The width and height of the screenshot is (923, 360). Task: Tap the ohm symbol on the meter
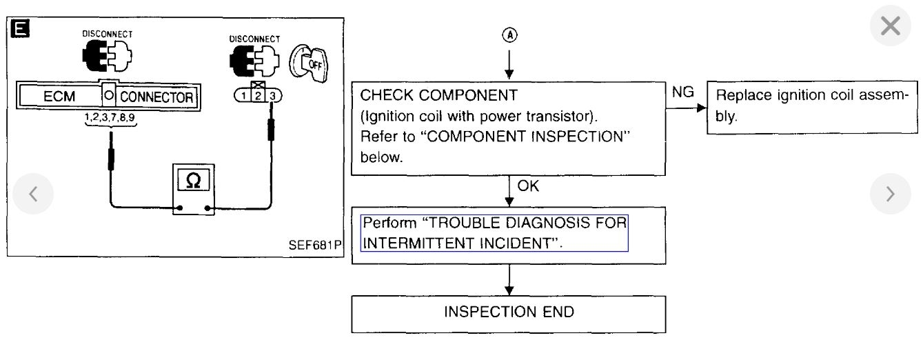[194, 180]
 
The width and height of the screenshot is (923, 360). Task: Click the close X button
[891, 27]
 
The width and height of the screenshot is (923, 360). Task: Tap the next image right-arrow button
[891, 194]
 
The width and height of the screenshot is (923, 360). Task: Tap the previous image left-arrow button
[32, 194]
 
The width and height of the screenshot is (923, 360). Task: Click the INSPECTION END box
[509, 312]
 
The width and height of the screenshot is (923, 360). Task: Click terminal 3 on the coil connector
[272, 97]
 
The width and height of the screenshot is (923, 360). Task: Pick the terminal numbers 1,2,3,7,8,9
[110, 118]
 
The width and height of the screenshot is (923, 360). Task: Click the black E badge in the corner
[17, 28]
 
